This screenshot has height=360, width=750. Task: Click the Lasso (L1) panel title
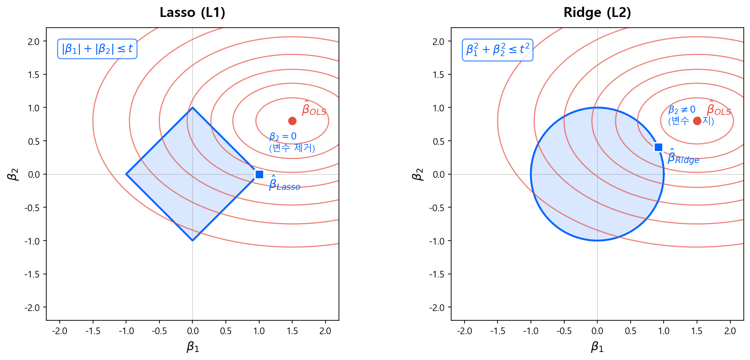point(192,12)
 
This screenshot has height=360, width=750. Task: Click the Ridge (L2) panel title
point(597,12)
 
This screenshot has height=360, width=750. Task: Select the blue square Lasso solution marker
point(259,174)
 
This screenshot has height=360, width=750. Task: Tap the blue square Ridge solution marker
point(658,147)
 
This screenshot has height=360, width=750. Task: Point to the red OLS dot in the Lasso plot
point(292,121)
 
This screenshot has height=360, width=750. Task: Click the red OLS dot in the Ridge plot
point(697,121)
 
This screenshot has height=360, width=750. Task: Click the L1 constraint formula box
point(97,49)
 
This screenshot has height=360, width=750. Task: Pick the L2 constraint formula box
point(497,50)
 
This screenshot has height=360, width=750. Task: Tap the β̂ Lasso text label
point(284,184)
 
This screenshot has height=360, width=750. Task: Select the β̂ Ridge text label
point(683,157)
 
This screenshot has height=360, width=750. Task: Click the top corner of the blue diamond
point(192,108)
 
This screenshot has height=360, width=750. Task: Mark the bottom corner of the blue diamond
point(192,241)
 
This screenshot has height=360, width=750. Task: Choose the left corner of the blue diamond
point(126,174)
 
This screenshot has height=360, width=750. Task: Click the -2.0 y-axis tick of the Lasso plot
point(34,307)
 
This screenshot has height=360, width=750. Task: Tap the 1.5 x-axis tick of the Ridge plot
point(697,331)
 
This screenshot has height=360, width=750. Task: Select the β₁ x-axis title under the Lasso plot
point(192,347)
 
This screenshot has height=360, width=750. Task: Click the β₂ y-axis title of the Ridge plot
point(417,174)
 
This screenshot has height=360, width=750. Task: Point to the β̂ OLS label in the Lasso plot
point(314,109)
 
